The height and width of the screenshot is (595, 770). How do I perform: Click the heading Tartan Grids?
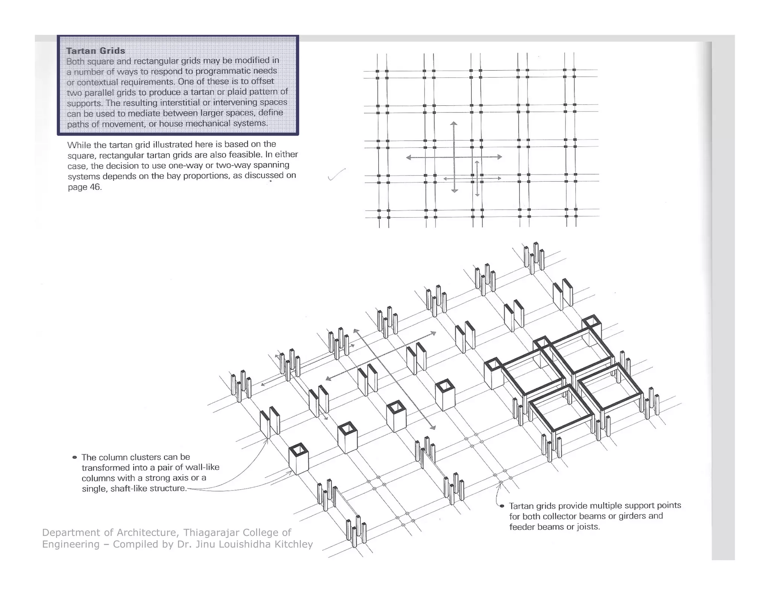click(95, 51)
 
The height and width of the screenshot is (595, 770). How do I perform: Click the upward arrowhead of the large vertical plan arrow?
click(454, 124)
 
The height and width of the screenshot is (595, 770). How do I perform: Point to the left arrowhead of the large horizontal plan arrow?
click(409, 158)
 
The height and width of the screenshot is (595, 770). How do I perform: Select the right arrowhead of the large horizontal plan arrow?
click(500, 157)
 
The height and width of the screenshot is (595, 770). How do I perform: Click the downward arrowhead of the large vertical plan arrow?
click(455, 191)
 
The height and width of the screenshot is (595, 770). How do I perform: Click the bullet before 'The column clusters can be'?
click(74, 457)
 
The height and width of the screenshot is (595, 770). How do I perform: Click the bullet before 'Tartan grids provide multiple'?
click(502, 506)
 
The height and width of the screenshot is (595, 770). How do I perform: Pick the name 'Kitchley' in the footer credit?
click(293, 544)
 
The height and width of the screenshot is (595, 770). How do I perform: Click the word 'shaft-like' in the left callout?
click(129, 489)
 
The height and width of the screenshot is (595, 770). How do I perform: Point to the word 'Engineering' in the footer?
click(71, 544)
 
